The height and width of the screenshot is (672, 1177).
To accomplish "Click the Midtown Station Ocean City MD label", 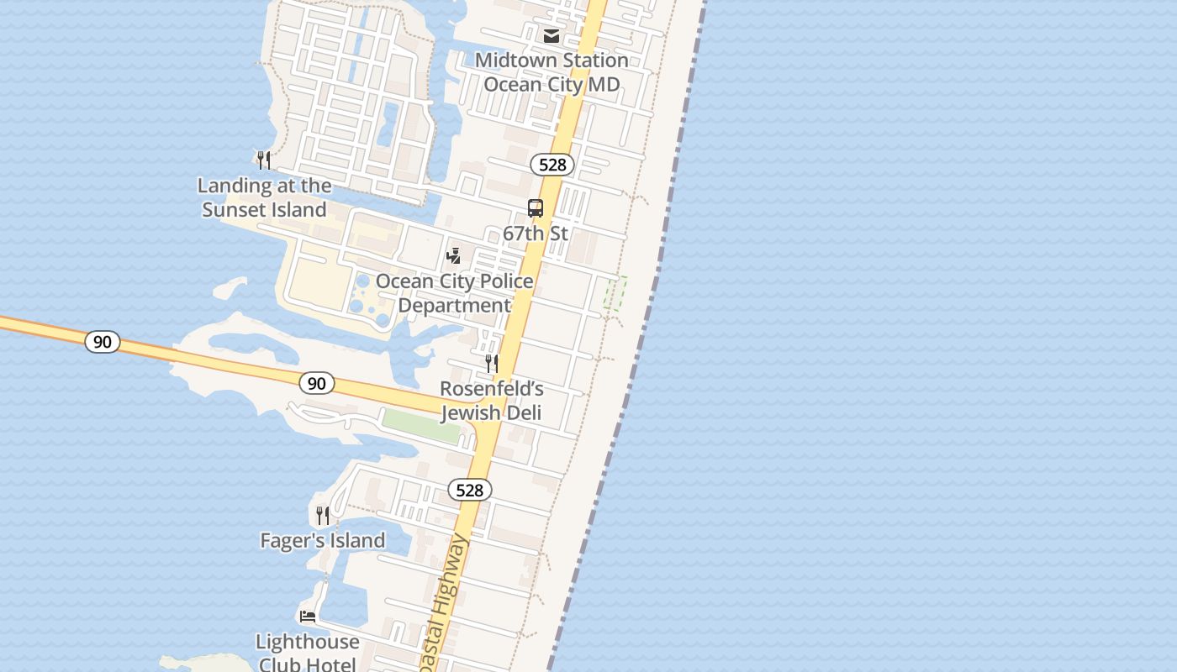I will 552,72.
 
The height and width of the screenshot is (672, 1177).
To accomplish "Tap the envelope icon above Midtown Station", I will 552,36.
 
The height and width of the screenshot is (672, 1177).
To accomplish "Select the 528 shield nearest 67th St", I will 552,165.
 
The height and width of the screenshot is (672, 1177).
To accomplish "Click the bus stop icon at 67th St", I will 536,208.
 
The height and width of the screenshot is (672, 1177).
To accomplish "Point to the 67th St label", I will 536,234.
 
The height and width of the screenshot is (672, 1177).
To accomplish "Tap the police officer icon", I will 454,255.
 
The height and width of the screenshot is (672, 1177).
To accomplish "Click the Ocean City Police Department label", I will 454,293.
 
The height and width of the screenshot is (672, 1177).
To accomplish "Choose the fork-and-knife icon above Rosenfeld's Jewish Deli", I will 492,364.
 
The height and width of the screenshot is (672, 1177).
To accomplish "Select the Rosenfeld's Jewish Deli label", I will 492,401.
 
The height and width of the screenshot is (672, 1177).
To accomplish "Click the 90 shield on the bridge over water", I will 103,342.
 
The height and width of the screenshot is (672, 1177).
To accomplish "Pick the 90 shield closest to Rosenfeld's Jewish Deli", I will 316,384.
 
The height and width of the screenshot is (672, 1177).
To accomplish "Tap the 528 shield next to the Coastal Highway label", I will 469,490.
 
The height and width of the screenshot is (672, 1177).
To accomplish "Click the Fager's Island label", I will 323,540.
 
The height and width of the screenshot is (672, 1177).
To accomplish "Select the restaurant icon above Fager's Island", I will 323,515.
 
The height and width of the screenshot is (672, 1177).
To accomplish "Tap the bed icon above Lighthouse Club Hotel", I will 308,617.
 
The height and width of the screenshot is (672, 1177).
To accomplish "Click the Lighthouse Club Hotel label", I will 308,653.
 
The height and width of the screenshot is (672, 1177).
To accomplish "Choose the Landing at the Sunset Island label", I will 265,197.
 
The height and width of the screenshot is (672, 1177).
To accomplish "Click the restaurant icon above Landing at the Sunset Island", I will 264,160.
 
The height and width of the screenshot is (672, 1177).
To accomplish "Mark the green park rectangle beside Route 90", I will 421,426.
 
